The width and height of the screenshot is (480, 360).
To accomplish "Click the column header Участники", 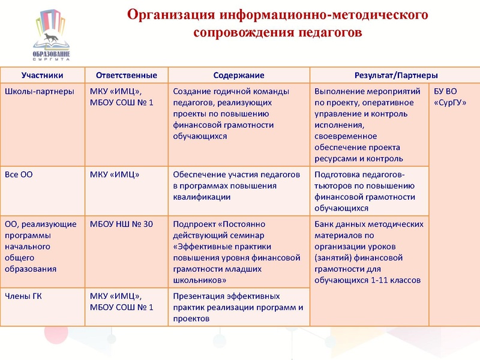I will pos(42,76).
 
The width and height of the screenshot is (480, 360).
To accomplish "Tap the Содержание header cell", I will pos(239,76).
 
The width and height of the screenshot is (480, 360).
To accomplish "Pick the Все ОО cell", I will pos(19,175).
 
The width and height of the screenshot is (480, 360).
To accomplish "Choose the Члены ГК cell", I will pos(23,296).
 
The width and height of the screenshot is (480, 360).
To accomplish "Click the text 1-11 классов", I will pos(394,280).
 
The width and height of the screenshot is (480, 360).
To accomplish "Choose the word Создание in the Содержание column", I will pos(191,91).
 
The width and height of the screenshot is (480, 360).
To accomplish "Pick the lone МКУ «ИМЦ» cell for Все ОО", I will pos(115,175).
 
